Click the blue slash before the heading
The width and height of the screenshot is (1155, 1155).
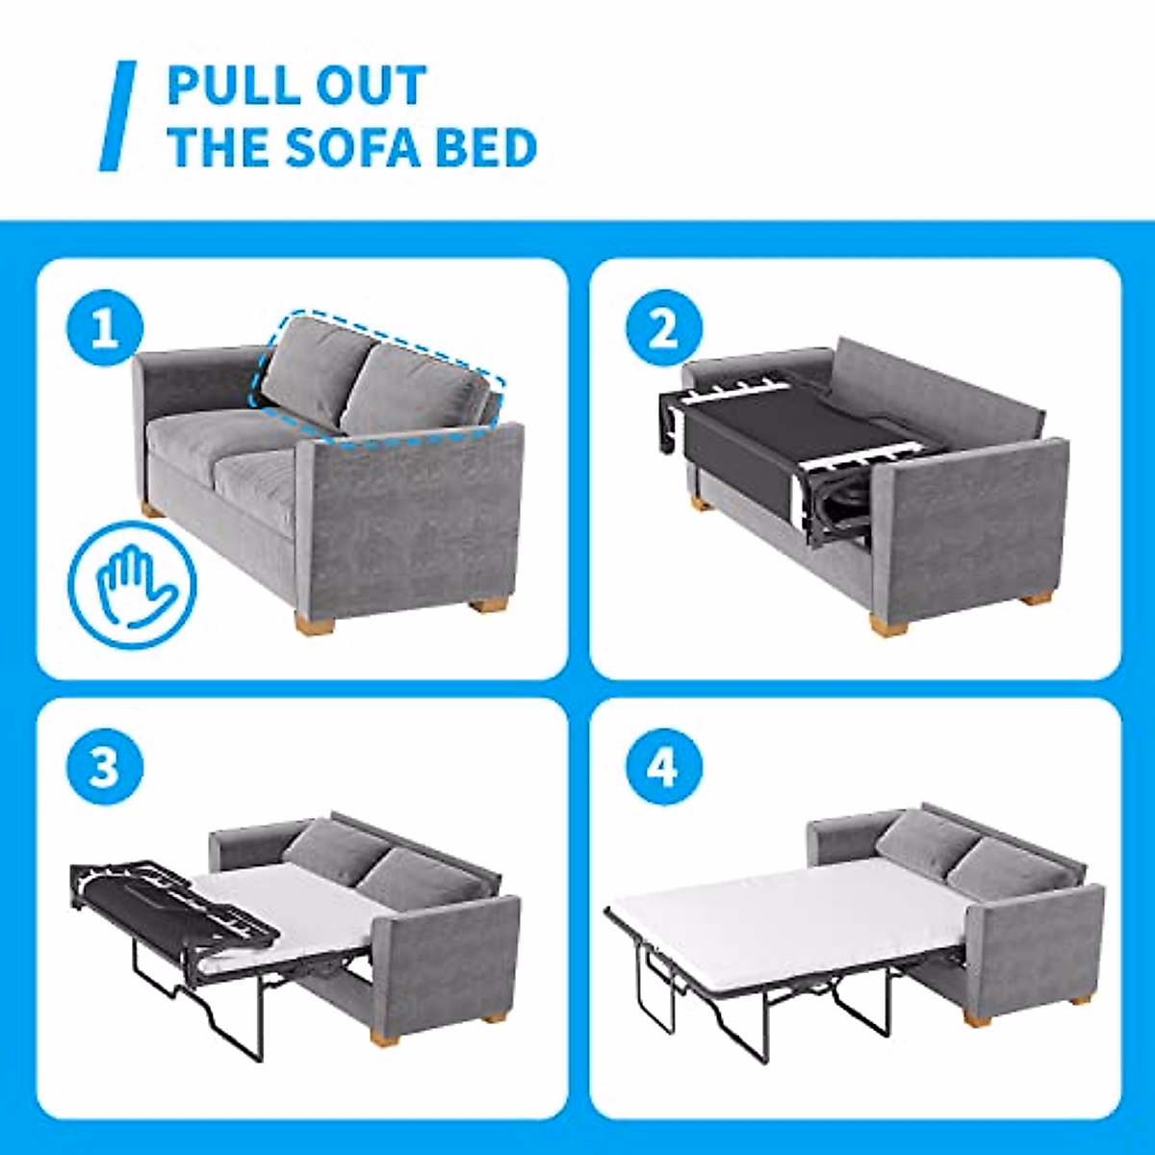point(118,115)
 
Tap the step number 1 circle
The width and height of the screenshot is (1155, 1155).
point(104,329)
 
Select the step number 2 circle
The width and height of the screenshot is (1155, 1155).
point(663,329)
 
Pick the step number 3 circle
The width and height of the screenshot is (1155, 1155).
point(104,767)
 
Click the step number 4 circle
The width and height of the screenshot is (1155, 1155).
point(663,767)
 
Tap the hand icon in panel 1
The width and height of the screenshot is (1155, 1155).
point(132,584)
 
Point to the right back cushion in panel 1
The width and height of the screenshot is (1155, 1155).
point(414,390)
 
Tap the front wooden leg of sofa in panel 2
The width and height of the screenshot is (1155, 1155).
point(888,624)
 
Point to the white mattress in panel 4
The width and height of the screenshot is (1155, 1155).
point(789,914)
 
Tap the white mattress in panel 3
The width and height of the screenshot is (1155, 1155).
point(289,905)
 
